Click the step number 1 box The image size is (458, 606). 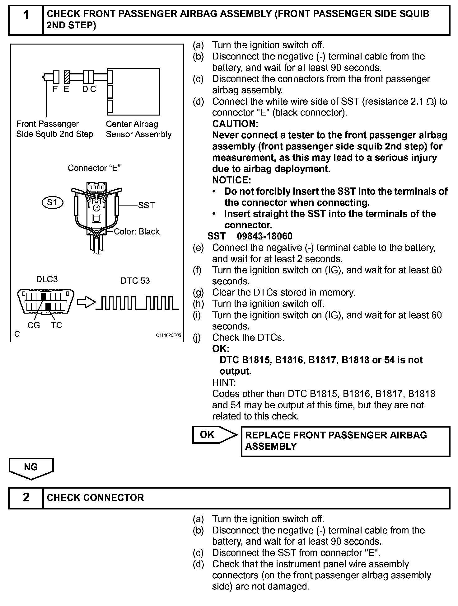tap(26, 20)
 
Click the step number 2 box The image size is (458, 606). tap(26, 497)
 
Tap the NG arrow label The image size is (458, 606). tap(31, 467)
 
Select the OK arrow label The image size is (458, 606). tap(208, 434)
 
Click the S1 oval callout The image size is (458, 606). tap(52, 203)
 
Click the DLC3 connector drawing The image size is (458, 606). tap(46, 301)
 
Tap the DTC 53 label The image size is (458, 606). tap(135, 281)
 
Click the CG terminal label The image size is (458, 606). tap(34, 325)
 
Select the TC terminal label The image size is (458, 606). tap(57, 325)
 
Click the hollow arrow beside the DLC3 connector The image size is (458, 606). tap(86, 301)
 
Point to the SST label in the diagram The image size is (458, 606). tap(146, 205)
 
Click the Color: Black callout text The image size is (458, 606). tap(137, 232)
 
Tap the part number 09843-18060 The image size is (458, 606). tap(264, 236)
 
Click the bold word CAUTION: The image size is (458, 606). tap(235, 124)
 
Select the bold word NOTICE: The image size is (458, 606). tap(231, 180)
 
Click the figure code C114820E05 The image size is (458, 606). tap(168, 335)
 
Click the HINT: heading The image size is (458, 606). tap(224, 382)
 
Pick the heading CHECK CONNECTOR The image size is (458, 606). tap(95, 498)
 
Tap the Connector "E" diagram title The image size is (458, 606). tap(94, 168)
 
